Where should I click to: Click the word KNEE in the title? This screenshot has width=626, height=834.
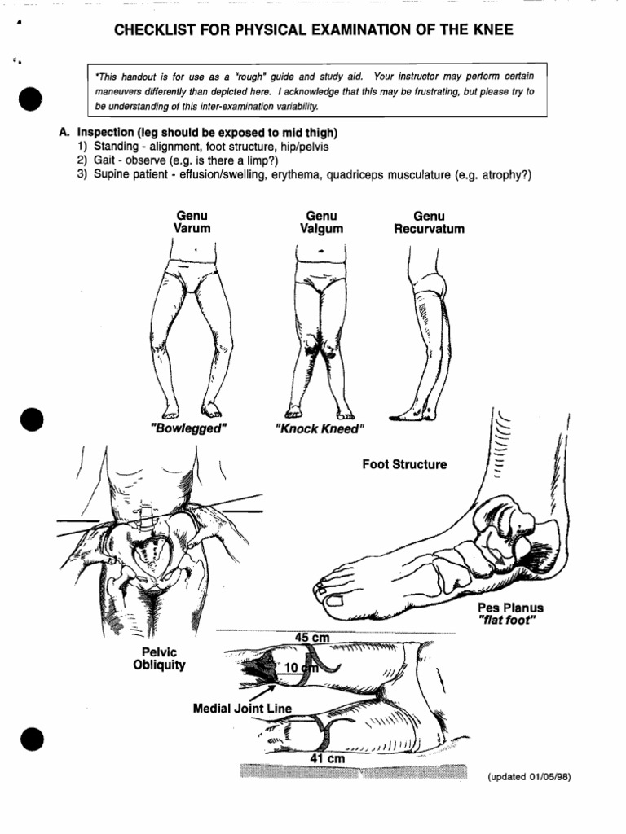pyautogui.click(x=492, y=31)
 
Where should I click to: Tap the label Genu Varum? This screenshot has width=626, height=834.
pyautogui.click(x=192, y=222)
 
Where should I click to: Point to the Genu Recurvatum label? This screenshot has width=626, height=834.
pyautogui.click(x=429, y=222)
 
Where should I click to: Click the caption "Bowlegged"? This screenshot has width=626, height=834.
pyautogui.click(x=187, y=428)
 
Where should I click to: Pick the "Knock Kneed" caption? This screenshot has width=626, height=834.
pyautogui.click(x=320, y=428)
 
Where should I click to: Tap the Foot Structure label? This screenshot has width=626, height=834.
pyautogui.click(x=404, y=464)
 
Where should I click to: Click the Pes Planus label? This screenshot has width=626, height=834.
pyautogui.click(x=510, y=608)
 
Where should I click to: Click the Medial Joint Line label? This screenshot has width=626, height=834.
pyautogui.click(x=241, y=709)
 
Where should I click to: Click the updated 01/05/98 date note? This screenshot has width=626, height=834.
pyautogui.click(x=529, y=776)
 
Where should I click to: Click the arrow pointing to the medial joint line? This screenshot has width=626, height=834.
pyautogui.click(x=259, y=693)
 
